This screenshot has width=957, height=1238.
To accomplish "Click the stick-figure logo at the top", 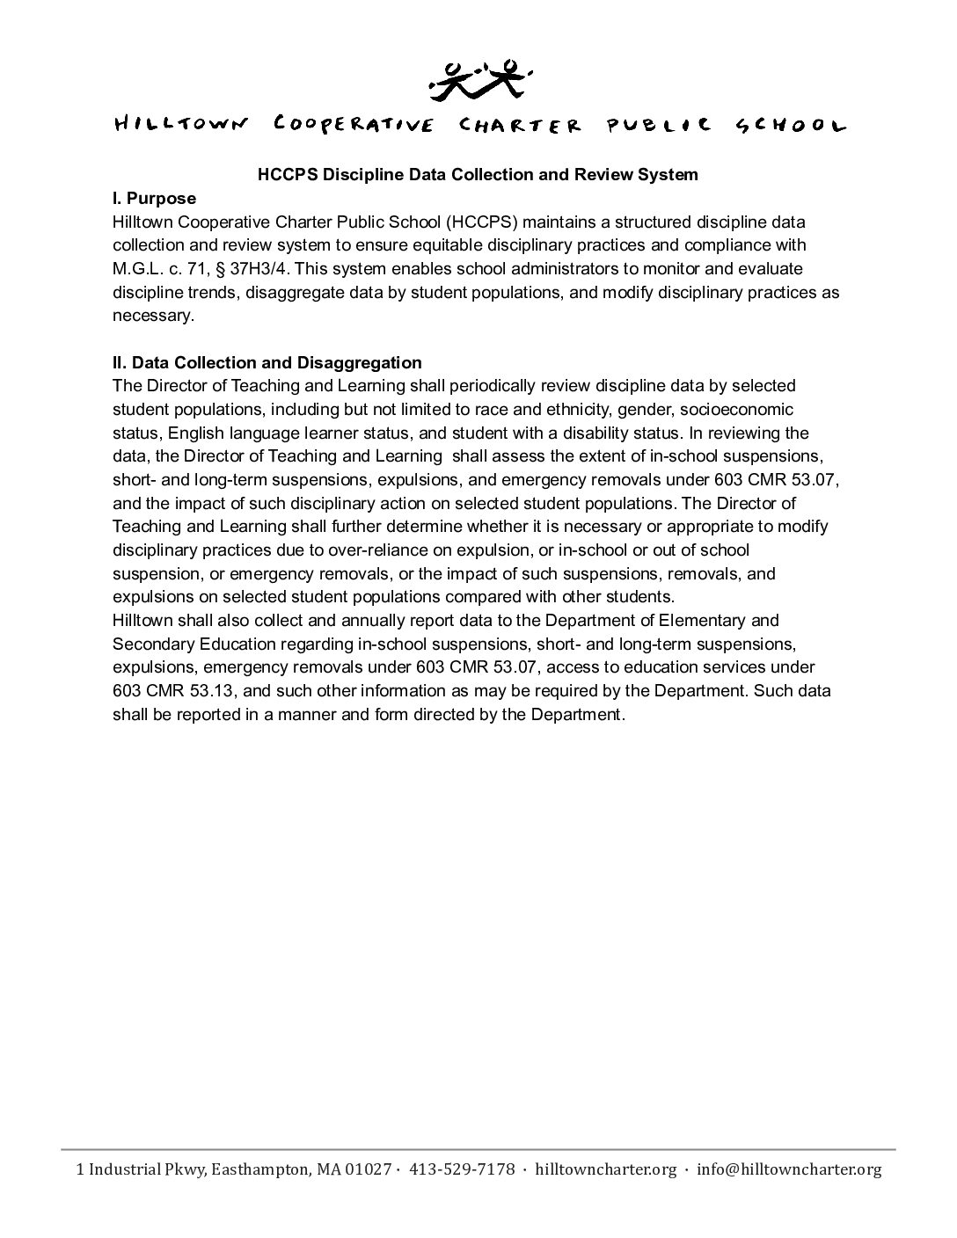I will point(478,78).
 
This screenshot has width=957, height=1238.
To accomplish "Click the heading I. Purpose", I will point(154,198).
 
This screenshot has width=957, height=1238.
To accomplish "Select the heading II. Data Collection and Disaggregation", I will point(267,362).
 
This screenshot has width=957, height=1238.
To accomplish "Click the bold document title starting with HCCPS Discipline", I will point(478,174).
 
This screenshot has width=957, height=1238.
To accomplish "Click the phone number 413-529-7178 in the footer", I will point(463,1169).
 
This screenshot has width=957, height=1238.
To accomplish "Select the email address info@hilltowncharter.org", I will point(788,1169).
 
